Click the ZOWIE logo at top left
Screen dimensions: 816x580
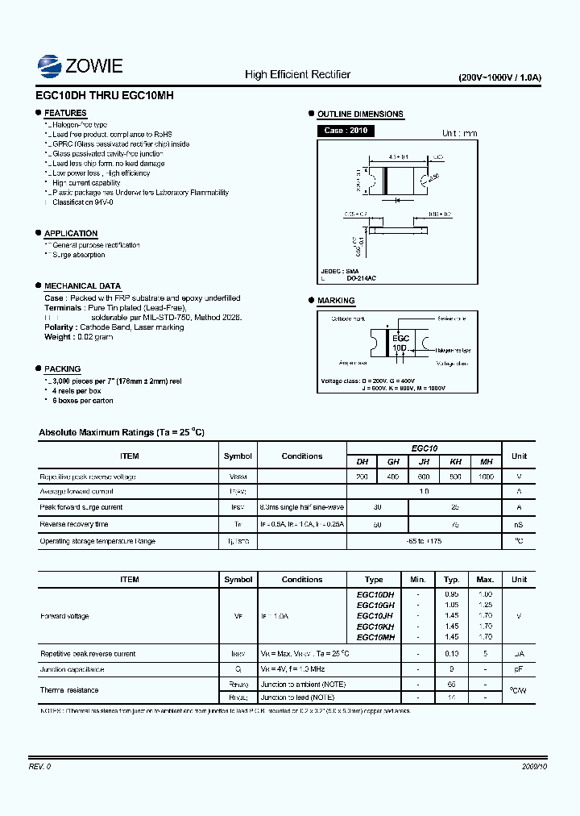pyautogui.click(x=80, y=65)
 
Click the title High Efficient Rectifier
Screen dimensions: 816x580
pyautogui.click(x=297, y=74)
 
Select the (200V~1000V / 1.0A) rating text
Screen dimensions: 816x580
pyautogui.click(x=499, y=77)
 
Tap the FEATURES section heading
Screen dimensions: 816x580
pyautogui.click(x=65, y=114)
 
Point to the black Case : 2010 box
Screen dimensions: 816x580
pyautogui.click(x=346, y=131)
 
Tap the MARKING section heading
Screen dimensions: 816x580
pyautogui.click(x=336, y=301)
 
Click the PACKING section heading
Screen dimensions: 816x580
pyautogui.click(x=62, y=368)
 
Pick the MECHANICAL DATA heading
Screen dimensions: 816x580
pyautogui.click(x=82, y=286)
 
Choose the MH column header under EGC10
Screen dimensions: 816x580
pyautogui.click(x=486, y=462)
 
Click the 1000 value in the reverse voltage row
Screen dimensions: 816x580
pyautogui.click(x=486, y=477)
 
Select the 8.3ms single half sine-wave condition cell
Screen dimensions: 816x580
pyautogui.click(x=302, y=507)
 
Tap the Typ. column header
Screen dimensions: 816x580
pyautogui.click(x=452, y=579)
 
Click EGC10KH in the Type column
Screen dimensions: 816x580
pyautogui.click(x=375, y=627)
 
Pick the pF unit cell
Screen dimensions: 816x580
pyautogui.click(x=519, y=669)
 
